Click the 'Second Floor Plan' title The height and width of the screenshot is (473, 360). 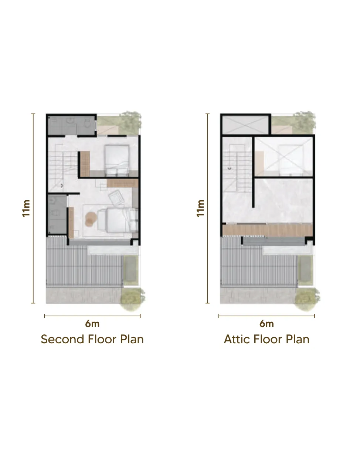[92, 339]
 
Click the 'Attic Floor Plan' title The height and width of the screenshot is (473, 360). [266, 339]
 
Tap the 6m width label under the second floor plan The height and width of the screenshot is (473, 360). [92, 324]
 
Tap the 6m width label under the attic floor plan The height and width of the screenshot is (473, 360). [266, 324]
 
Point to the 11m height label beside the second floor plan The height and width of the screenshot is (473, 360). [26, 208]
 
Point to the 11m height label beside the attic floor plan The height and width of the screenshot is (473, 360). [200, 208]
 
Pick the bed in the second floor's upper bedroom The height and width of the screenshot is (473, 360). [117, 160]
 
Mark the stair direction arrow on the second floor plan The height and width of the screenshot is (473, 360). [62, 185]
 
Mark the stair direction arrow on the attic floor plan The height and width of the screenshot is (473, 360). [230, 168]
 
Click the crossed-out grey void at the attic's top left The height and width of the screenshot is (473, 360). [245, 125]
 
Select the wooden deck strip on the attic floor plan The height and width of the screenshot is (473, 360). [267, 230]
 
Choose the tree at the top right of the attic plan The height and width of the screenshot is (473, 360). [305, 122]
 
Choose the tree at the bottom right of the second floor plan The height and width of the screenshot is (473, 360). [132, 299]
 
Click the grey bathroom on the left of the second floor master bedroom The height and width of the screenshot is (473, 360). [57, 214]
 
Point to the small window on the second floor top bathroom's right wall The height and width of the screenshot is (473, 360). [96, 126]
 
